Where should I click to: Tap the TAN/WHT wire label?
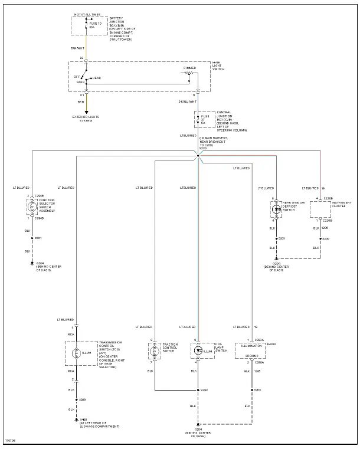[77, 48]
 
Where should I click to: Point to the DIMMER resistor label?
[189, 68]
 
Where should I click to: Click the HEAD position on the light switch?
[96, 78]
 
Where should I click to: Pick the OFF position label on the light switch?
[77, 76]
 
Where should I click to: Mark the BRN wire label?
[81, 101]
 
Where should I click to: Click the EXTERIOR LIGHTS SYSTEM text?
[86, 118]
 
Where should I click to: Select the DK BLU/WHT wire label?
[188, 101]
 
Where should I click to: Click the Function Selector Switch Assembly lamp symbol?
[32, 207]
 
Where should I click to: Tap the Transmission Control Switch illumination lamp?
[76, 353]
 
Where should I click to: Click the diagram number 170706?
[10, 440]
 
